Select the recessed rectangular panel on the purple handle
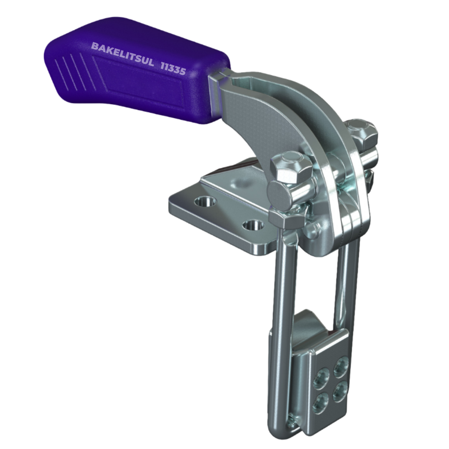(137, 81)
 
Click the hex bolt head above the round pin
(291, 167)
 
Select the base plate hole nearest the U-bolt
(253, 225)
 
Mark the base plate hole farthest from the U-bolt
(205, 201)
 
